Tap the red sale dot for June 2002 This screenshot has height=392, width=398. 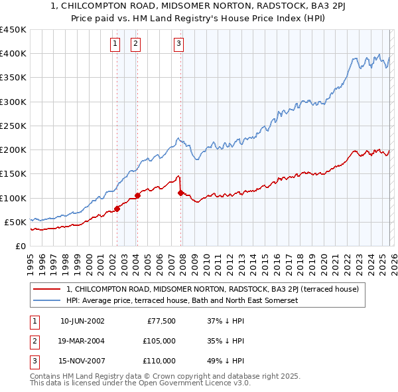pyautogui.click(x=117, y=209)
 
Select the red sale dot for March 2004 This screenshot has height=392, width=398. pyautogui.click(x=137, y=195)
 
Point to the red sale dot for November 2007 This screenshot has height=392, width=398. pyautogui.click(x=180, y=193)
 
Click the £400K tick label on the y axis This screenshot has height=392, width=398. pyautogui.click(x=13, y=54)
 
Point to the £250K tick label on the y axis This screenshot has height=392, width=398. pyautogui.click(x=13, y=126)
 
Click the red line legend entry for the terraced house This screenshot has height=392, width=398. pyautogui.click(x=212, y=289)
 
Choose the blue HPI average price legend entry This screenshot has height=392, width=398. pyautogui.click(x=182, y=301)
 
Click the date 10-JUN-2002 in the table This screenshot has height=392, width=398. pyautogui.click(x=82, y=321)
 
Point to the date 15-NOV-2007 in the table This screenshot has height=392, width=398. pyautogui.click(x=82, y=361)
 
